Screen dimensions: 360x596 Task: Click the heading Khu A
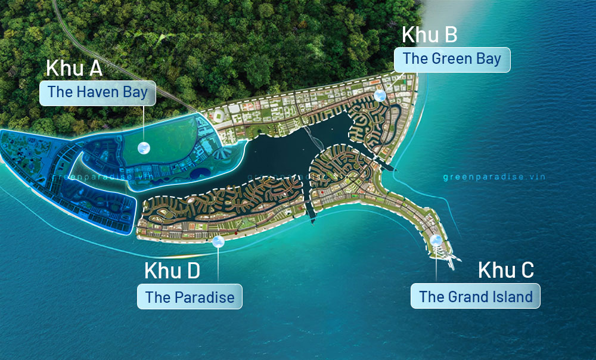point(74,68)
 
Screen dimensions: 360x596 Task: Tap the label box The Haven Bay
point(97,92)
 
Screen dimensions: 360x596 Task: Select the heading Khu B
point(430,35)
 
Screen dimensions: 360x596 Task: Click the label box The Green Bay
point(452,59)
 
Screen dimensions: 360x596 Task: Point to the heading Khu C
point(506,270)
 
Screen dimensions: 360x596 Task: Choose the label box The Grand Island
point(475,296)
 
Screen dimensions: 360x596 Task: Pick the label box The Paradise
point(190,296)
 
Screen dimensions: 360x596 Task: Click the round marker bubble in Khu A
point(143,148)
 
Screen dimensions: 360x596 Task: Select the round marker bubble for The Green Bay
point(380,95)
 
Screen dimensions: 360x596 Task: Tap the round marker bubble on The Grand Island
point(436,240)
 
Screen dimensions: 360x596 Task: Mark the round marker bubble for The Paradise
point(218,241)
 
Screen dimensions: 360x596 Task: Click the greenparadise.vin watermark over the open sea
point(494,177)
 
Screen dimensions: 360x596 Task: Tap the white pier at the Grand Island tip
point(448,256)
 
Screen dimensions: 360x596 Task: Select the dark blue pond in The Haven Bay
point(200,173)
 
